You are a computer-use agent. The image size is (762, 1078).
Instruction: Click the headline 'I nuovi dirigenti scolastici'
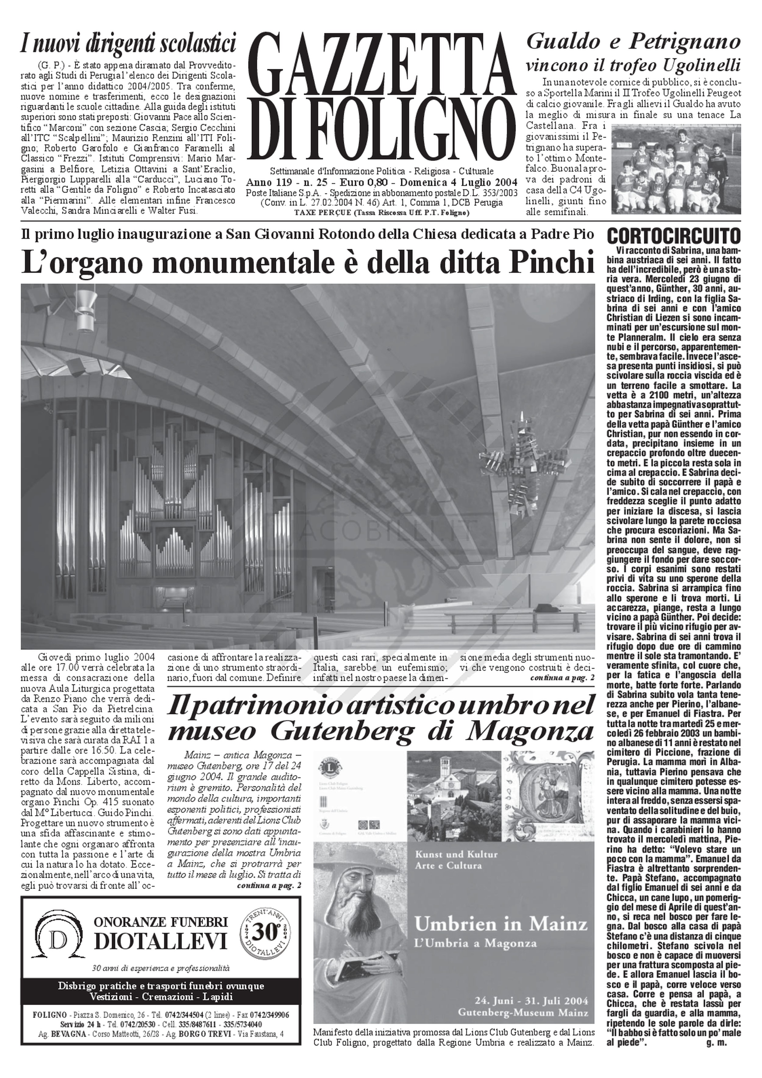click(x=128, y=45)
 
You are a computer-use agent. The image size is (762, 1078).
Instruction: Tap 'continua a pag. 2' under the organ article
click(x=562, y=678)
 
